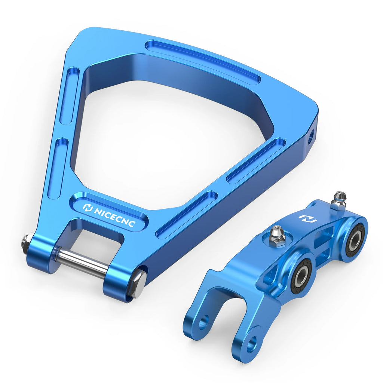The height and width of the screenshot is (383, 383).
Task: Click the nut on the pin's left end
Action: click(25, 243)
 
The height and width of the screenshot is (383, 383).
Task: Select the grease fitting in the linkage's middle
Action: click(277, 235)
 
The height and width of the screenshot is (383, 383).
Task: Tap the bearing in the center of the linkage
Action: click(301, 276)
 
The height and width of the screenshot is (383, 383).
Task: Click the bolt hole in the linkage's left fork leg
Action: click(203, 322)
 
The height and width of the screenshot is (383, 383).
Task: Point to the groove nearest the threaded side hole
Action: click(256, 160)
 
